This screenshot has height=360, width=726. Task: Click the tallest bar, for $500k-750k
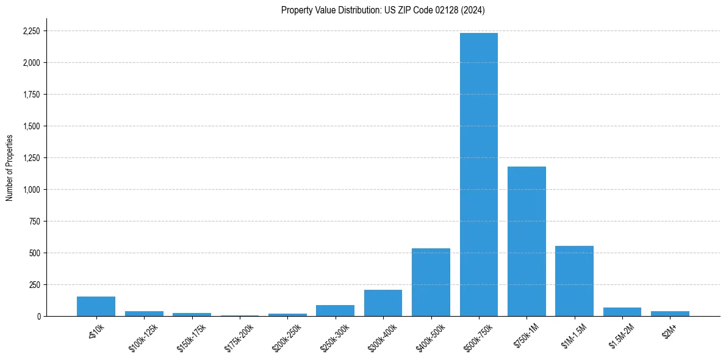[x=478, y=175]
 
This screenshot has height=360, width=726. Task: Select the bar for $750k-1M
[x=527, y=241]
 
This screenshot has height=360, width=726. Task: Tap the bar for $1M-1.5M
[x=574, y=281]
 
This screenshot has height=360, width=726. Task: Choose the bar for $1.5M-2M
[x=622, y=312]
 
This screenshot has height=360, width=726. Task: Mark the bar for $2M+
[x=670, y=314]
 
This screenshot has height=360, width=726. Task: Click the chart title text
[x=383, y=10]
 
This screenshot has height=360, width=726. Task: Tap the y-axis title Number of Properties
[x=9, y=167]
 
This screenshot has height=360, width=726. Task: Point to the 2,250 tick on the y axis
[x=31, y=31]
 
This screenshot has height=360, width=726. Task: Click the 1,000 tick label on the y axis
[x=31, y=190]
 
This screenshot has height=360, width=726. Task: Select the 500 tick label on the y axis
[x=35, y=253]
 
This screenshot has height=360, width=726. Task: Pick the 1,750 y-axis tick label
[x=31, y=95]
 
